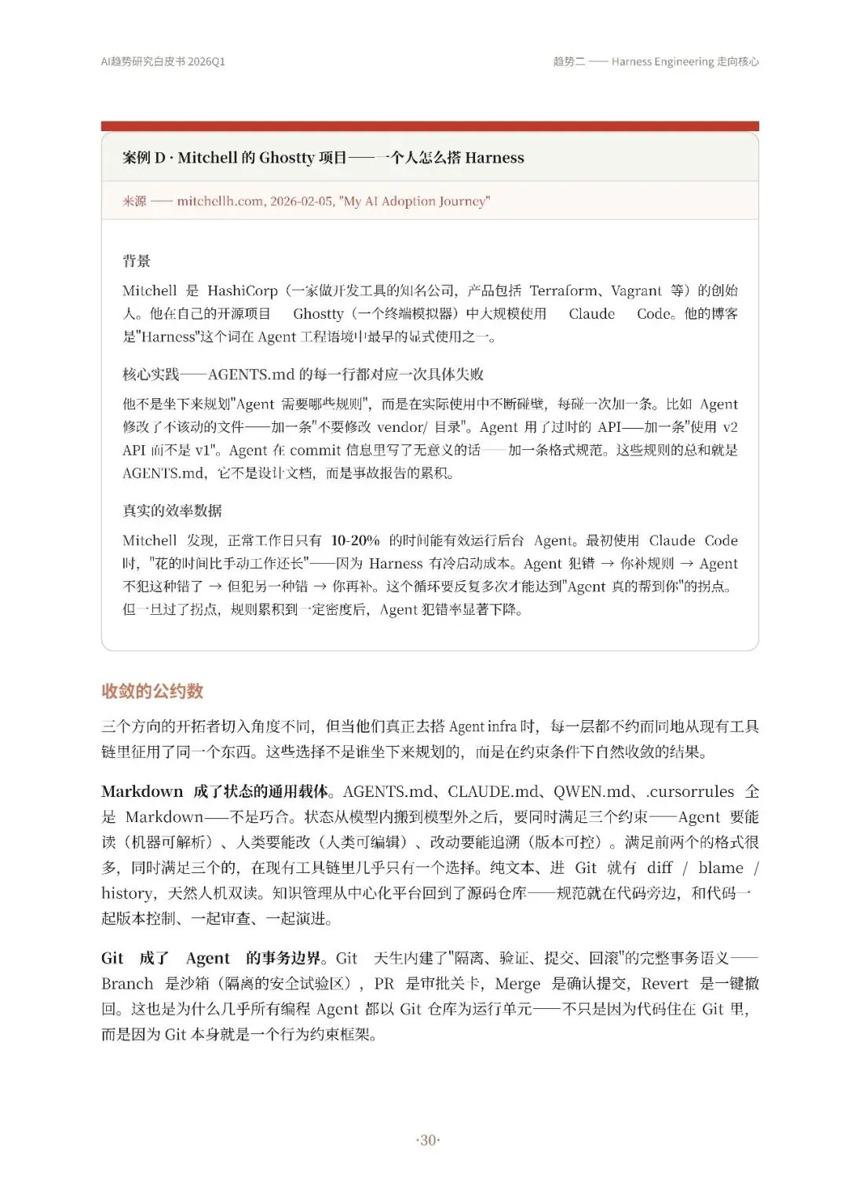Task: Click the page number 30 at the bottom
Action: coord(428,1140)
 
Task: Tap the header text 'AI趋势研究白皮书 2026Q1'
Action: coord(163,61)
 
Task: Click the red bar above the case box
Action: coord(429,126)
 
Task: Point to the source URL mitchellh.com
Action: coord(220,201)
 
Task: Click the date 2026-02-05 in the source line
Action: coord(302,201)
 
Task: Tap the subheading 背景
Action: coord(137,261)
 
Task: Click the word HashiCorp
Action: coord(243,291)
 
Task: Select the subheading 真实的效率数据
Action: coord(172,510)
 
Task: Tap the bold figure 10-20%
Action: coord(355,540)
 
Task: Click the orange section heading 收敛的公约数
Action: coord(152,691)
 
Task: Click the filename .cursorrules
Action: coord(689,791)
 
